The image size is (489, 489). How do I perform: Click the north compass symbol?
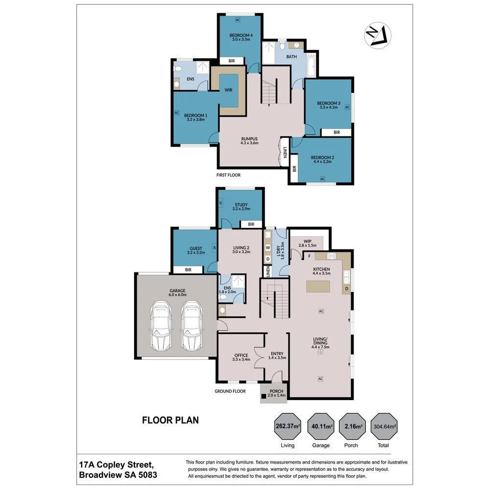pyautogui.click(x=378, y=35)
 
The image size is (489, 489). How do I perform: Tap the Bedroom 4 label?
pyautogui.click(x=241, y=35)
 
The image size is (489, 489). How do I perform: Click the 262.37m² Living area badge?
pyautogui.click(x=288, y=426)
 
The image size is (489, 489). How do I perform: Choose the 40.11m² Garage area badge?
pyautogui.click(x=321, y=426)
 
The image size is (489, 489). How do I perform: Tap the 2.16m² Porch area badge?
pyautogui.click(x=353, y=426)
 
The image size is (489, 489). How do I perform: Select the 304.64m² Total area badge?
pyautogui.click(x=384, y=426)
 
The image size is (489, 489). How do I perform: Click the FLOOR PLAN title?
pyautogui.click(x=170, y=420)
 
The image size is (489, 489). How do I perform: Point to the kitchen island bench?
pyautogui.click(x=318, y=286)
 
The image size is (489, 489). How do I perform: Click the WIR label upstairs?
pyautogui.click(x=228, y=90)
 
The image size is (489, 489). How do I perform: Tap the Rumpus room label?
pyautogui.click(x=249, y=139)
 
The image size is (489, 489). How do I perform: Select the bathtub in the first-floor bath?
pyautogui.click(x=311, y=66)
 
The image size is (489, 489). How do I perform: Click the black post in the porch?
pyautogui.click(x=264, y=396)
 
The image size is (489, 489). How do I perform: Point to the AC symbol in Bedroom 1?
pyautogui.click(x=177, y=112)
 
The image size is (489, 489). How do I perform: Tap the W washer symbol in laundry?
pyautogui.click(x=267, y=247)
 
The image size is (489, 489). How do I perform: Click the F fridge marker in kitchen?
pyautogui.click(x=310, y=256)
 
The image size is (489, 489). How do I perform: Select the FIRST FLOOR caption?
pyautogui.click(x=228, y=175)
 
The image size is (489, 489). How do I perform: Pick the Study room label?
pyautogui.click(x=241, y=205)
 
